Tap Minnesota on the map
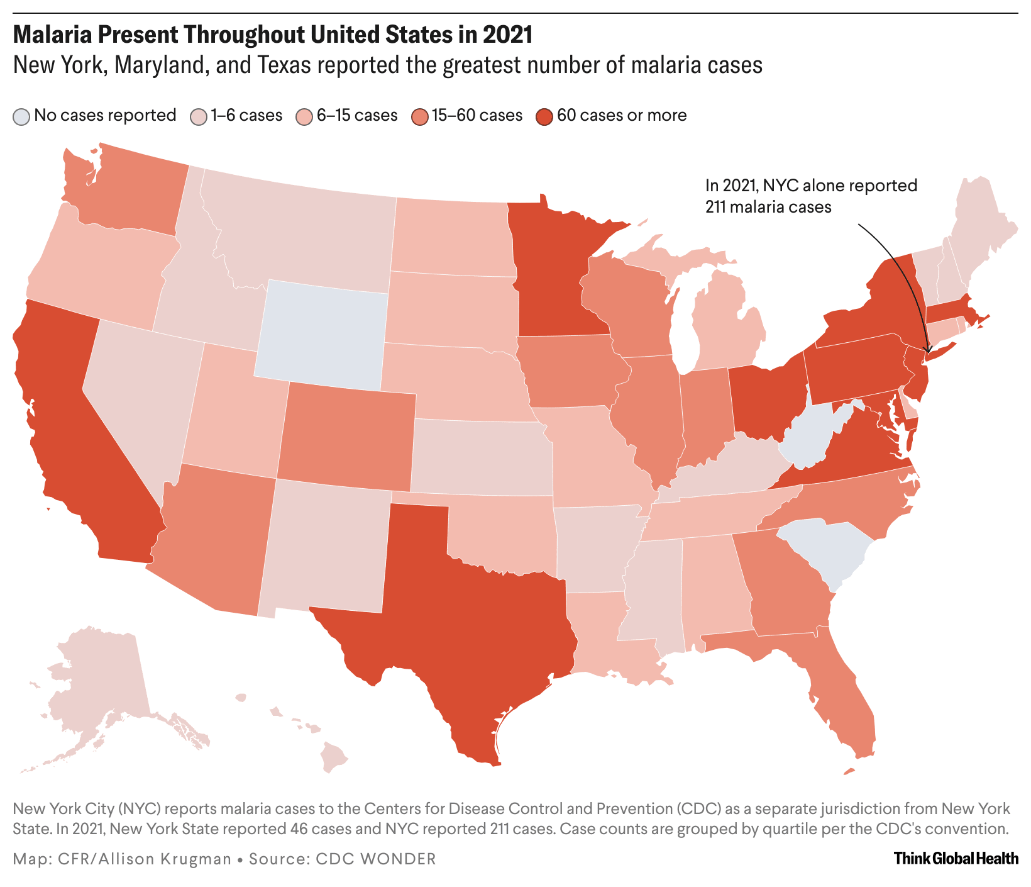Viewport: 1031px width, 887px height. pyautogui.click(x=553, y=271)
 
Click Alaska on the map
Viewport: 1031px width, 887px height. pyautogui.click(x=101, y=679)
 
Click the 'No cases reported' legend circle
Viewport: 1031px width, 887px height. pyautogui.click(x=22, y=116)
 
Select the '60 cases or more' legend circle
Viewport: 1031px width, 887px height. pyautogui.click(x=544, y=116)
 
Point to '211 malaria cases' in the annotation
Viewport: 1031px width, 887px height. pyautogui.click(x=768, y=206)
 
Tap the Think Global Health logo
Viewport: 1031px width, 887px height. pyautogui.click(x=956, y=858)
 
